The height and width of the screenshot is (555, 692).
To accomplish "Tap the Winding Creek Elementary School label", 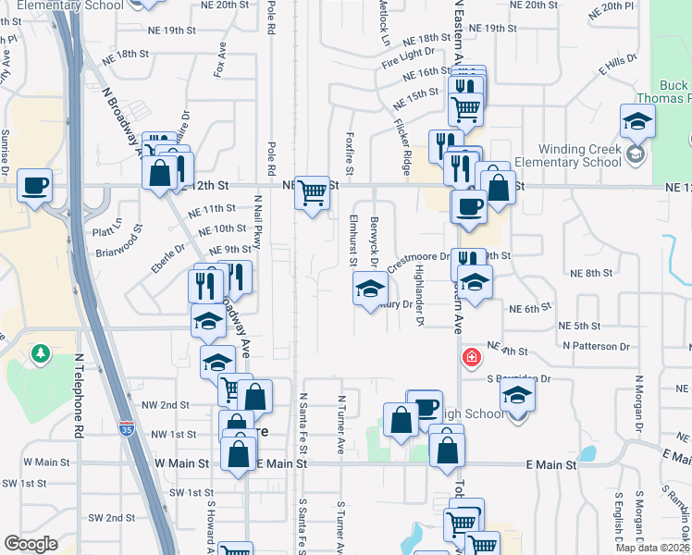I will click(568, 154).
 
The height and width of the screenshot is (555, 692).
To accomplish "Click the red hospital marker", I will click(472, 357).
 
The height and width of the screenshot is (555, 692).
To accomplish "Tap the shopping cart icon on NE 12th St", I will click(313, 192).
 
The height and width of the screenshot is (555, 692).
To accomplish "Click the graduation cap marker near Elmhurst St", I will click(370, 290).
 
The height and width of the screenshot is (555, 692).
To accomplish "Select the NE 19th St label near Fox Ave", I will click(161, 31).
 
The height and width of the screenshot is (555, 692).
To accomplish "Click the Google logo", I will click(31, 544).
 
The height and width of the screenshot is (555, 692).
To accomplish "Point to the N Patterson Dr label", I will click(596, 346).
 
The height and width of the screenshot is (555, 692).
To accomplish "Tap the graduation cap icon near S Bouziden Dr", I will click(518, 396).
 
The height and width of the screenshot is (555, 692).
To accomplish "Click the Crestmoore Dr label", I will click(418, 261).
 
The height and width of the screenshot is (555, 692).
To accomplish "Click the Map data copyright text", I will click(651, 548).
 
